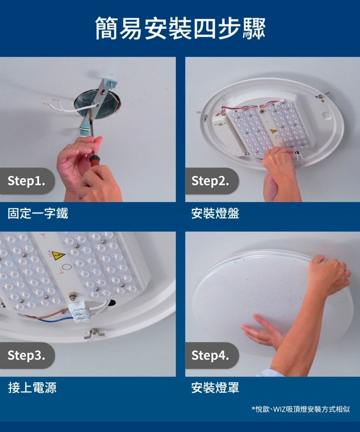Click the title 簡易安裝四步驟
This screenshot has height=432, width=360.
tap(180, 28)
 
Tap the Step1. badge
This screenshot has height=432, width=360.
tap(27, 181)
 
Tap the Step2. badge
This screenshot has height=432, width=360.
tap(211, 181)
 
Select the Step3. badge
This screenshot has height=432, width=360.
tap(27, 356)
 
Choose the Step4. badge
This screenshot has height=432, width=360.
tap(211, 356)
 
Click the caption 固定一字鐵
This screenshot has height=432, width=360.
tap(38, 214)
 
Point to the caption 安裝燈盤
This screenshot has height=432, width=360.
tap(215, 214)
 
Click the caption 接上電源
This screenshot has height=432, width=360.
tap(32, 388)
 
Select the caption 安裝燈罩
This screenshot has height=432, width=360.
tap(215, 388)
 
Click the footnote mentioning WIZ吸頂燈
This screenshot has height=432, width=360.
tap(301, 409)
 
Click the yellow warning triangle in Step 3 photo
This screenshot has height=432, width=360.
tap(58, 255)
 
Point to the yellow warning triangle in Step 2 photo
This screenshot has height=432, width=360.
tap(273, 131)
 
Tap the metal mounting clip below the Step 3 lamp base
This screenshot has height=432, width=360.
tap(94, 333)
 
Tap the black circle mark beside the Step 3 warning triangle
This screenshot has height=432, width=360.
tap(66, 267)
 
